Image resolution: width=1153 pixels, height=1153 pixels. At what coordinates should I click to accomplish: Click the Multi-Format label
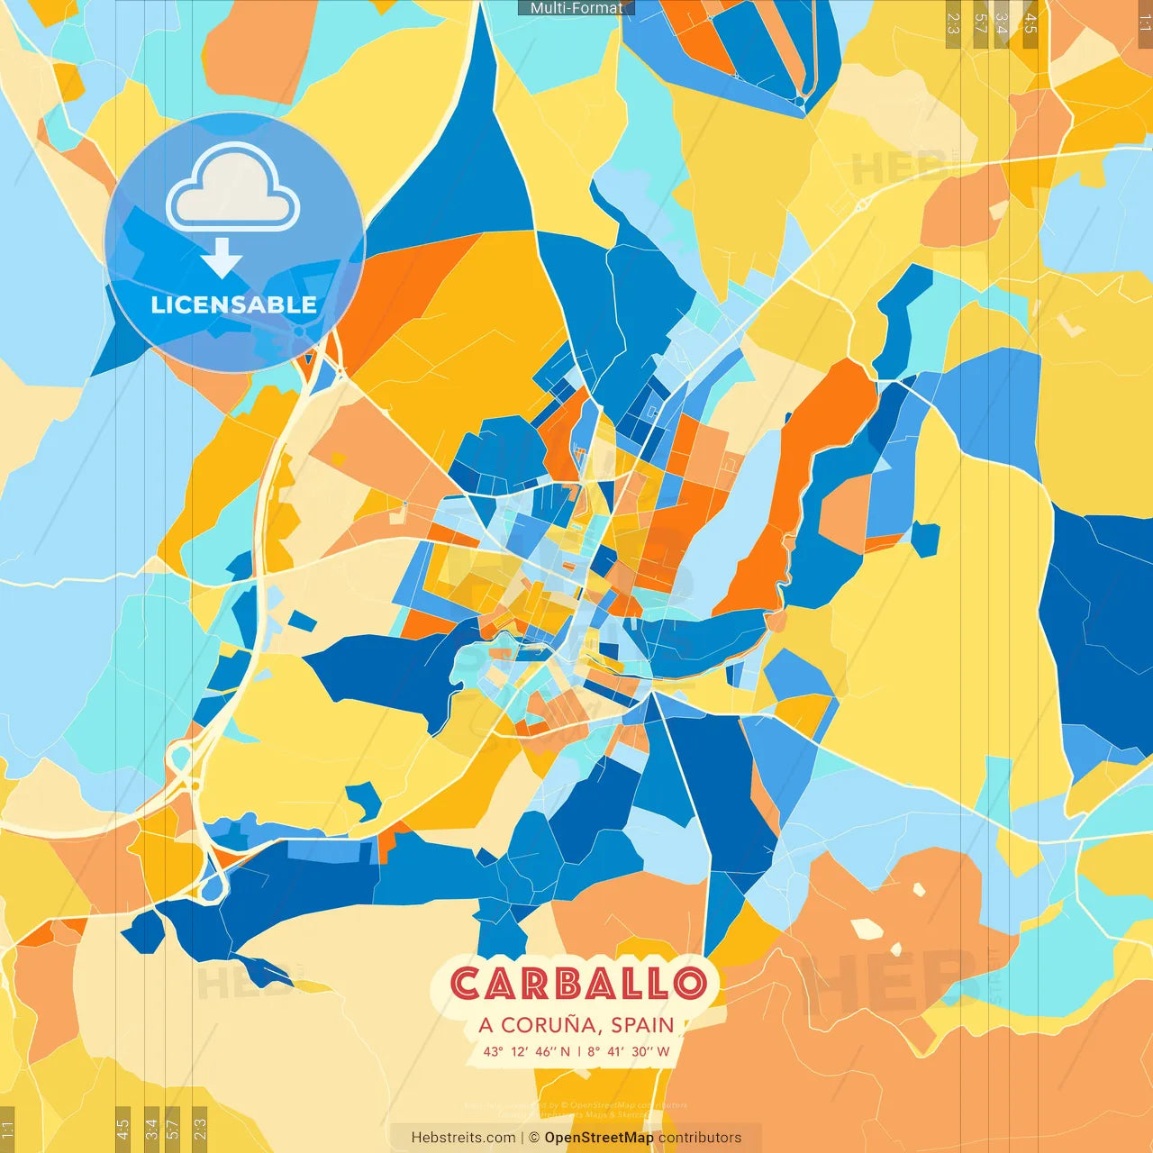click(x=576, y=8)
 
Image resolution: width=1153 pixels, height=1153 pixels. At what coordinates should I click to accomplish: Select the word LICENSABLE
click(x=234, y=305)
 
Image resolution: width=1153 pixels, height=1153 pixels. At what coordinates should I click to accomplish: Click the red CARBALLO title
click(x=577, y=984)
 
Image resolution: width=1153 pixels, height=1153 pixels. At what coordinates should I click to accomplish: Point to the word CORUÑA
click(x=551, y=1025)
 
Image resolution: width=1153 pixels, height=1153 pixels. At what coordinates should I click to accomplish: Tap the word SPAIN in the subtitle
click(x=642, y=1025)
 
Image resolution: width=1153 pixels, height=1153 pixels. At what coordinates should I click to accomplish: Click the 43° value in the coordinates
click(x=493, y=1051)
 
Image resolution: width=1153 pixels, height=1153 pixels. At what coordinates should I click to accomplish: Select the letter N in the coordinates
click(x=566, y=1051)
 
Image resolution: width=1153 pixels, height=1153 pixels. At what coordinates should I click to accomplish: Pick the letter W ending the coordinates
click(x=663, y=1051)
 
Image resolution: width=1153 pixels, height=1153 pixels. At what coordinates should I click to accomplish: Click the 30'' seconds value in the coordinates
click(x=640, y=1051)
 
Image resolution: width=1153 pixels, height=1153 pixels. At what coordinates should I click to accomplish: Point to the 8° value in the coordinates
click(x=594, y=1051)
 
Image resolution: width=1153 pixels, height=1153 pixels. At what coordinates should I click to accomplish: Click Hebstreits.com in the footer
click(x=463, y=1138)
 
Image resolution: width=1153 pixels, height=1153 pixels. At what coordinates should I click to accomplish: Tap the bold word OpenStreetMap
click(x=599, y=1138)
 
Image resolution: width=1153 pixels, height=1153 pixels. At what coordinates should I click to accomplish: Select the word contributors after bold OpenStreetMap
click(x=700, y=1138)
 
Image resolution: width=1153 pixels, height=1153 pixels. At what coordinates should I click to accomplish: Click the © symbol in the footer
click(x=535, y=1138)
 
